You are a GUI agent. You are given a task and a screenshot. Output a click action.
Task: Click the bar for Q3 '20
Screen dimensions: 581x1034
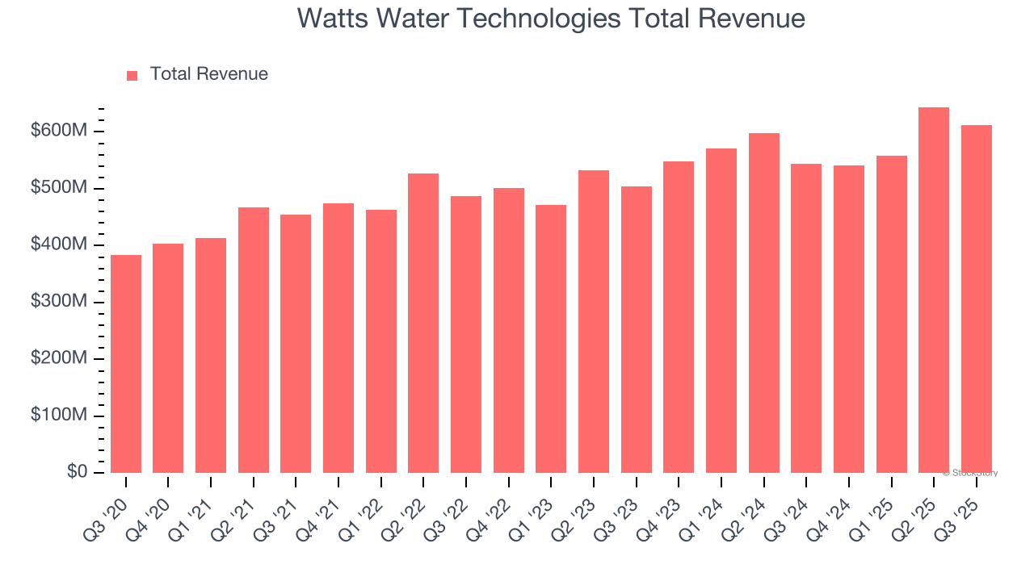point(126,364)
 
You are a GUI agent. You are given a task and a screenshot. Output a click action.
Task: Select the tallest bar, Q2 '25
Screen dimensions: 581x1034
point(934,290)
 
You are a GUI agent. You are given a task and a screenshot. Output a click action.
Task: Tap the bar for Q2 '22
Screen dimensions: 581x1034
point(423,323)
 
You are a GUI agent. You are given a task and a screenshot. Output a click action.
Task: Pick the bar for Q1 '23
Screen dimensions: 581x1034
point(551,339)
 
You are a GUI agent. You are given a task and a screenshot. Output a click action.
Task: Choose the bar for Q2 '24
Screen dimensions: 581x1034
point(764,303)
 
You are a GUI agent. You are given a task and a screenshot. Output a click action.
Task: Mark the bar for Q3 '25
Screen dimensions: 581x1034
point(977,299)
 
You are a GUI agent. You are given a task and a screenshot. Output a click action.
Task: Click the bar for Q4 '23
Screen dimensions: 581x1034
point(679,317)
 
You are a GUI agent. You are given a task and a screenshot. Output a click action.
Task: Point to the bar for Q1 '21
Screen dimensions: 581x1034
point(211,355)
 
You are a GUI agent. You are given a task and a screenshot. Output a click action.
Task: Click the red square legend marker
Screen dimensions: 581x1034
point(132,76)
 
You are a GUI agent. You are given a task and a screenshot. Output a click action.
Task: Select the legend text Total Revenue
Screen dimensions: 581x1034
point(208,74)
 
